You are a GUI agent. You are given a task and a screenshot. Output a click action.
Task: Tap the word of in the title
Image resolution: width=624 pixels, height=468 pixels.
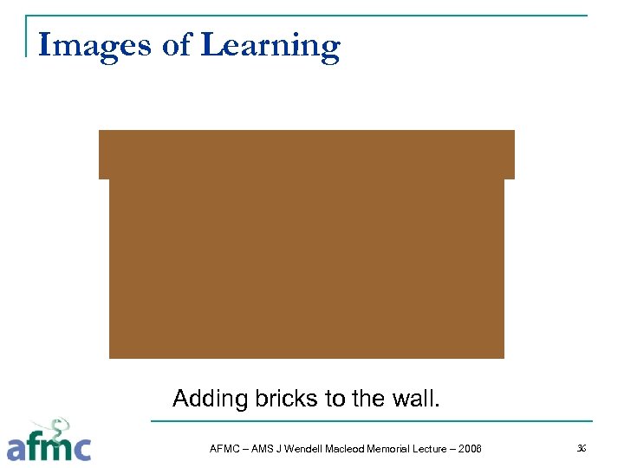coord(177,45)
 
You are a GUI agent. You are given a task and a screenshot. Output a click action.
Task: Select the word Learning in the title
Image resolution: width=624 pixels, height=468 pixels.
coord(270,47)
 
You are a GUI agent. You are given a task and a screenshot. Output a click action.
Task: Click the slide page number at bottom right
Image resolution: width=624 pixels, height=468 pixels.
coord(582,447)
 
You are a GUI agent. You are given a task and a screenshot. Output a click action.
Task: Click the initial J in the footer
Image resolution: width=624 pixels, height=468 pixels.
coord(283,448)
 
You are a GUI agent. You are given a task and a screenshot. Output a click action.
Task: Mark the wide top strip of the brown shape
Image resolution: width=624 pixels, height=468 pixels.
coord(306,154)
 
